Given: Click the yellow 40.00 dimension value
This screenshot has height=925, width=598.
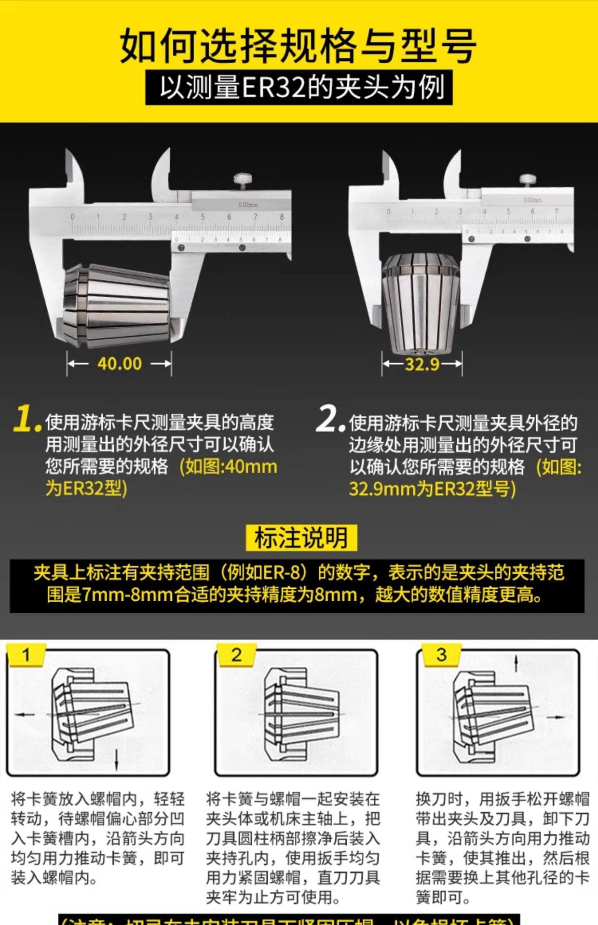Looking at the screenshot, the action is [x=120, y=363].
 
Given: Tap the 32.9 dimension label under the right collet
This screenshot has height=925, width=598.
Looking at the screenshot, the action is [x=422, y=364].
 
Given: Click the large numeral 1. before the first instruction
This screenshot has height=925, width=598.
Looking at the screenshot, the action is [x=26, y=419].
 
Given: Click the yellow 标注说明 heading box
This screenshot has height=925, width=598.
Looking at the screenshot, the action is [x=301, y=538].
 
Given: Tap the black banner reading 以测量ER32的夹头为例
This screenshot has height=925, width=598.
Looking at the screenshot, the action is [x=299, y=88].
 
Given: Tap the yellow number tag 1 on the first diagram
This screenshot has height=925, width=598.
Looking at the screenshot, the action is [x=26, y=655].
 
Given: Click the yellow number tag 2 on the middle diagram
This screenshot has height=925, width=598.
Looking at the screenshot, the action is [x=236, y=655].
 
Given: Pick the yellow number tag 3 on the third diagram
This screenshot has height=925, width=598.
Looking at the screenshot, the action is [x=441, y=655].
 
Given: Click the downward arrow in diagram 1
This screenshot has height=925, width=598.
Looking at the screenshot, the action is [x=117, y=760].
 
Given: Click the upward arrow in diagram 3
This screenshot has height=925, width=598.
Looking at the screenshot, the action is [x=516, y=665].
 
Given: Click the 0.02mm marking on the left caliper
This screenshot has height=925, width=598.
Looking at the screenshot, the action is [x=248, y=205].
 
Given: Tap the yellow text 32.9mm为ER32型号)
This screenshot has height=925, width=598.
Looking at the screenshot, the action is [x=432, y=489].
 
